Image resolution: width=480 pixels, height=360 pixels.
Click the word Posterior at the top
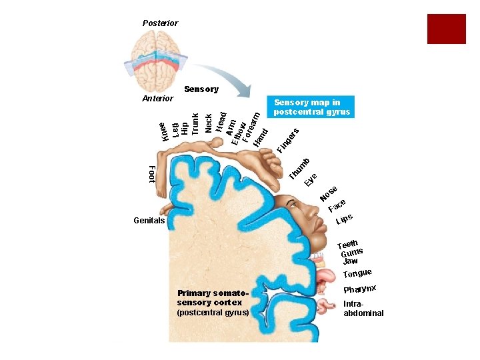160,23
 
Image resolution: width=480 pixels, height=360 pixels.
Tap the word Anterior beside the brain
158,99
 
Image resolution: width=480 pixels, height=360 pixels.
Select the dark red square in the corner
446,29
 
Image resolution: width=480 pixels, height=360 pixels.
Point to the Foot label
151,173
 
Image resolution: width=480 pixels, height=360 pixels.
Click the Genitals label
149,220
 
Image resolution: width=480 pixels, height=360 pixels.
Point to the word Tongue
357,273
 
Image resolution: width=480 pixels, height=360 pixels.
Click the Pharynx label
360,289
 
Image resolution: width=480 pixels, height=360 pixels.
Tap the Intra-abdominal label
363,308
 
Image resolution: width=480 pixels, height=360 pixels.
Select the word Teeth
349,245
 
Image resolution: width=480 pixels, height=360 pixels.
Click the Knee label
163,131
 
